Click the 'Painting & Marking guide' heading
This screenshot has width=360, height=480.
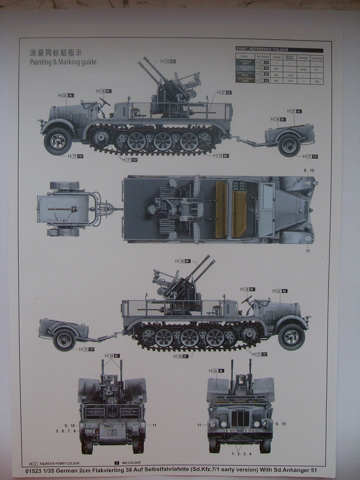[63, 62]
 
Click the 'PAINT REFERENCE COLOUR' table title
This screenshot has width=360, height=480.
[262, 49]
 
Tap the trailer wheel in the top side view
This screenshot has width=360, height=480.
[289, 144]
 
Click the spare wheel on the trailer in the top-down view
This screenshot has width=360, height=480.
[65, 186]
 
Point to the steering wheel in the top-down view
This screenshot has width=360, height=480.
[251, 197]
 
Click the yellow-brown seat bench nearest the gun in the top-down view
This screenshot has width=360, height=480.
[221, 209]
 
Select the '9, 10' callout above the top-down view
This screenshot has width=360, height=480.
[309, 170]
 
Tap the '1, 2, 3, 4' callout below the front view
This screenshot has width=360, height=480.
[241, 454]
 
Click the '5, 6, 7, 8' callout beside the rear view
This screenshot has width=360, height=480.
[66, 431]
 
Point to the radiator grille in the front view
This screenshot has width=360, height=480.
[240, 419]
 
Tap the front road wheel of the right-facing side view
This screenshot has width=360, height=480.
[291, 336]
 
